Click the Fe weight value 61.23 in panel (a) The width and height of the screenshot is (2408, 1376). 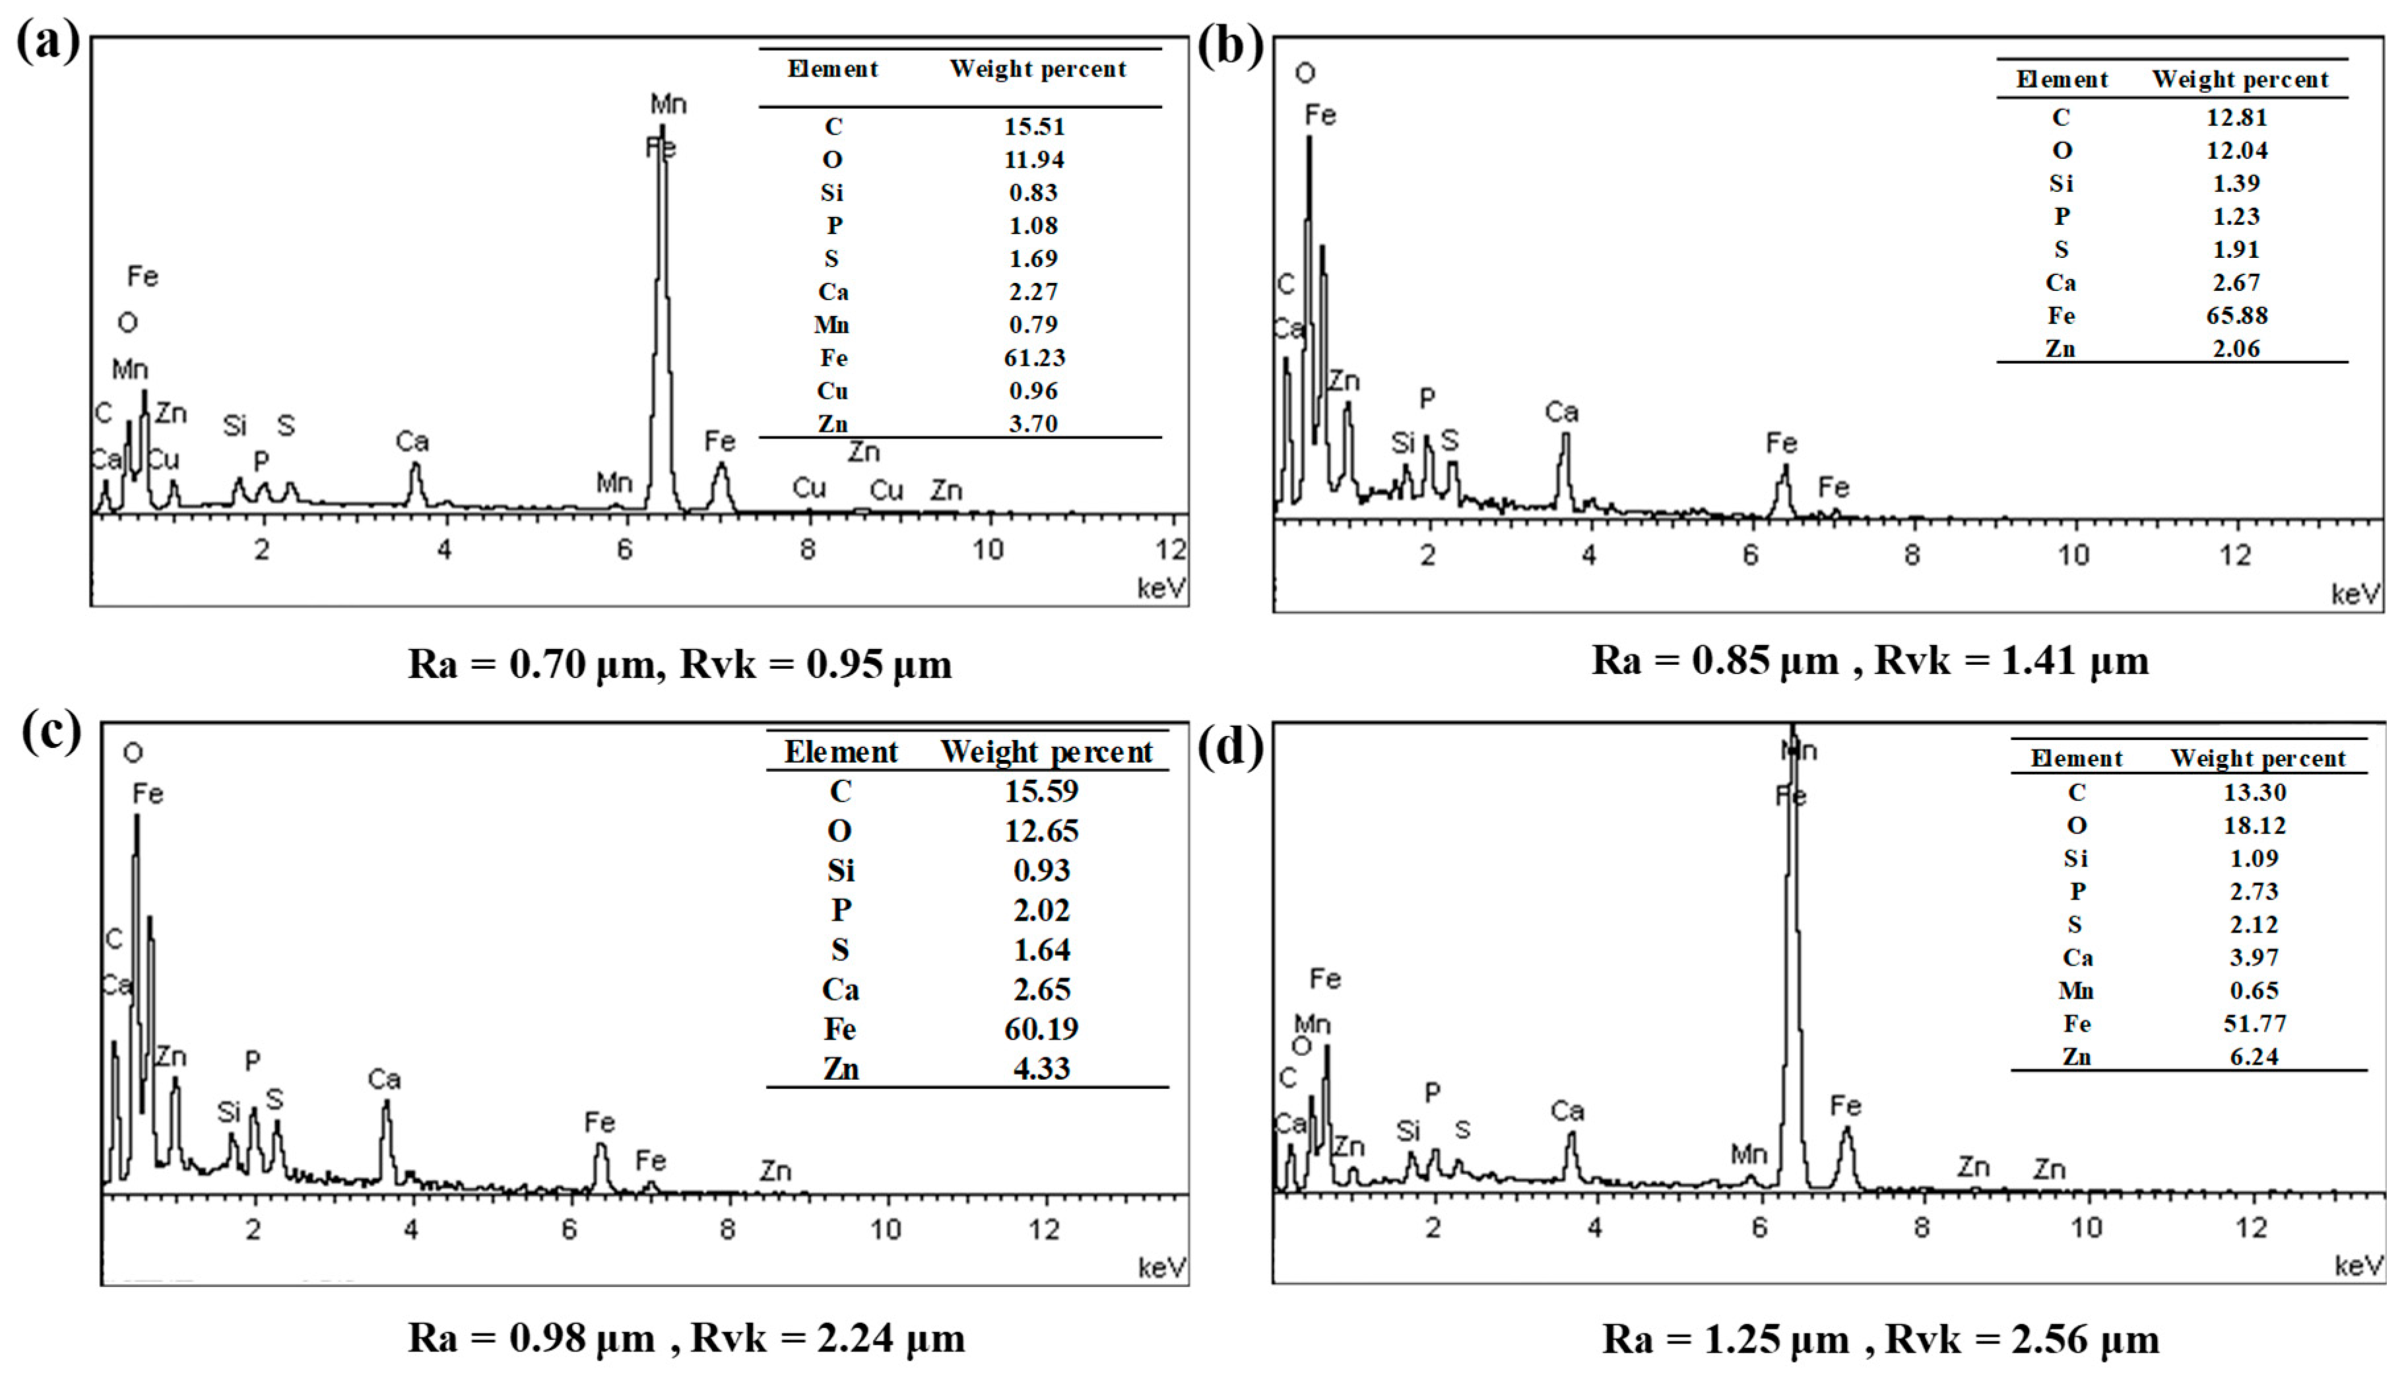(1033, 358)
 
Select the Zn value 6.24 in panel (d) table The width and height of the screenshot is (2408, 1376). (2254, 1057)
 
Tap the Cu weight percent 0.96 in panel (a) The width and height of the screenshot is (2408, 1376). (1033, 391)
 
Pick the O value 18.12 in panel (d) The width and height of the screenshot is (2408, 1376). (2254, 825)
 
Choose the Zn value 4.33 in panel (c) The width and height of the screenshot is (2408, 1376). (1041, 1069)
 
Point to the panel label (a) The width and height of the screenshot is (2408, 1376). (48, 42)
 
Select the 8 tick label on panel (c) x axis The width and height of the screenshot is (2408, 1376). (727, 1230)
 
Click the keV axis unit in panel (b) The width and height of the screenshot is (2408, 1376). (2355, 594)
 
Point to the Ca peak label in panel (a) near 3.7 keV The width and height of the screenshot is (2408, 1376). (412, 441)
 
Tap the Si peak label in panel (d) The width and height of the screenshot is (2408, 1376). (1408, 1131)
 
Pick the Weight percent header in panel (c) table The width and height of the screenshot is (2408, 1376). (1047, 752)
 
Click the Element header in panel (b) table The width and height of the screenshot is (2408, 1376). (2061, 79)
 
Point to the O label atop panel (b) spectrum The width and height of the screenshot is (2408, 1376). (1305, 73)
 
